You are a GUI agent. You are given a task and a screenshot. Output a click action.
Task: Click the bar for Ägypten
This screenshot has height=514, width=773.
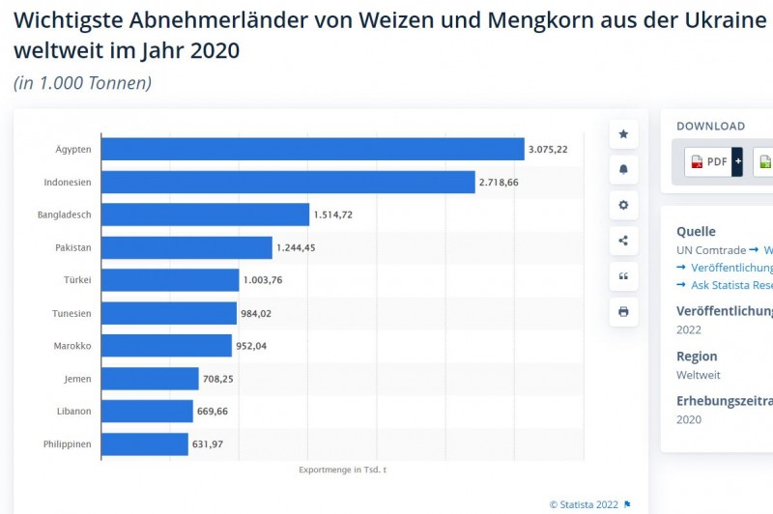pyautogui.click(x=312, y=149)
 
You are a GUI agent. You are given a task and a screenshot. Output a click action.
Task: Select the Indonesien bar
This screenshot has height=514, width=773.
pyautogui.click(x=288, y=182)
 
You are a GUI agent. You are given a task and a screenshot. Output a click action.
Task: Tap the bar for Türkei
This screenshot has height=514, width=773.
pyautogui.click(x=170, y=280)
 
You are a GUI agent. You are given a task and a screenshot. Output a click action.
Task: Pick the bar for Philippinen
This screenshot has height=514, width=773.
pyautogui.click(x=145, y=444)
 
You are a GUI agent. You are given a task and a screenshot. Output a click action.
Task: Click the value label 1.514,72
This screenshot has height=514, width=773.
pyautogui.click(x=333, y=214)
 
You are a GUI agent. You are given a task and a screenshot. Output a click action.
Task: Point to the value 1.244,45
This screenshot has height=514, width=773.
pyautogui.click(x=296, y=247)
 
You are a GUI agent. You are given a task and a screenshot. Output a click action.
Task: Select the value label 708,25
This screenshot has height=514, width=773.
pyautogui.click(x=218, y=379)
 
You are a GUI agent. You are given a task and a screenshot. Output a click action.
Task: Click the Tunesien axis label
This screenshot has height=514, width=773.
pyautogui.click(x=72, y=313)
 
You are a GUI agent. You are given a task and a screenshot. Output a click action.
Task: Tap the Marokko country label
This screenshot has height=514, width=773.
pyautogui.click(x=72, y=346)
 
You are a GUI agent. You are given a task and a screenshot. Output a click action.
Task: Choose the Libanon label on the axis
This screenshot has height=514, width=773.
pyautogui.click(x=73, y=412)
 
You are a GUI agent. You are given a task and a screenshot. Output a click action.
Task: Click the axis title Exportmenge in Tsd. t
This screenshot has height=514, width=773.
pyautogui.click(x=343, y=470)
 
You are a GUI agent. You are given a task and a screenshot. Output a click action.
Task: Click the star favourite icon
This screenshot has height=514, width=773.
pyautogui.click(x=623, y=134)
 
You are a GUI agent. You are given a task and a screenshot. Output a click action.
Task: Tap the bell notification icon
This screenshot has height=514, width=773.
pyautogui.click(x=623, y=169)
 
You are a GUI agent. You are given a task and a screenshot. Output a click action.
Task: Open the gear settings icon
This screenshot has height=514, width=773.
pyautogui.click(x=623, y=205)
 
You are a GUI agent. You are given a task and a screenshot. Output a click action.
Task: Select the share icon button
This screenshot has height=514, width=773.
pyautogui.click(x=623, y=241)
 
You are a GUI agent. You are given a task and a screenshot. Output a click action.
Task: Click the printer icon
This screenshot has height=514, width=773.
pyautogui.click(x=623, y=311)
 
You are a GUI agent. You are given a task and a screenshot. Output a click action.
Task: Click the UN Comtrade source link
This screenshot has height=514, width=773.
pyautogui.click(x=711, y=250)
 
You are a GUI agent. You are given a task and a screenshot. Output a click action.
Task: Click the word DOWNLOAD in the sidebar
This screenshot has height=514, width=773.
pyautogui.click(x=710, y=126)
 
